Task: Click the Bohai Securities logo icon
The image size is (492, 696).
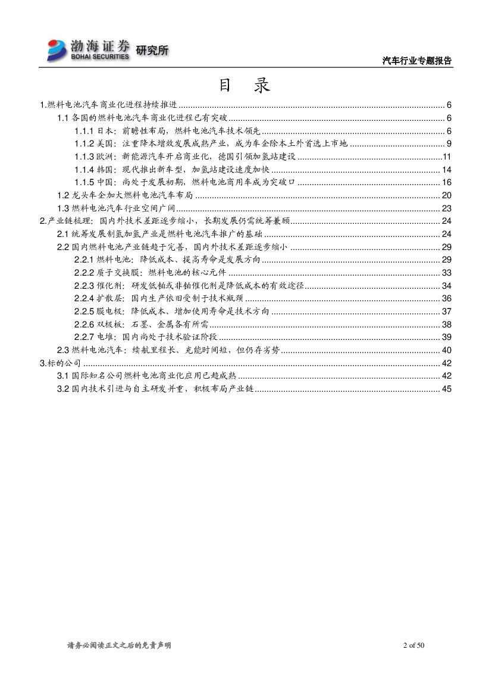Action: tap(58, 49)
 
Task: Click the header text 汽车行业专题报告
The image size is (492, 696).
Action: tap(416, 61)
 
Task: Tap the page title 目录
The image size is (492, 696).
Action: tap(245, 86)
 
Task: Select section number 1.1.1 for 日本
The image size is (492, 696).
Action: tap(84, 131)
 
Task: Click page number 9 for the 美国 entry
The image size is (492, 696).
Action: tap(449, 143)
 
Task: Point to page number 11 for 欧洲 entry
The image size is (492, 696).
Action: tap(447, 157)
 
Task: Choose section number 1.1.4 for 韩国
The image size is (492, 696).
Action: tap(84, 170)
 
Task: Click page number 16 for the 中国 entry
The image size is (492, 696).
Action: tap(447, 182)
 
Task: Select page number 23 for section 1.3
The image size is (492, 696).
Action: tap(447, 208)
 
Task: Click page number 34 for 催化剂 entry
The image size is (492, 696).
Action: tap(447, 285)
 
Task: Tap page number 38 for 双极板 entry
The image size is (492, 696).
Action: tap(447, 324)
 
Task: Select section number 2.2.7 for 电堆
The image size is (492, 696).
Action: tap(84, 337)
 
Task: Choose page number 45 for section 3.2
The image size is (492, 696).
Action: tap(447, 389)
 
